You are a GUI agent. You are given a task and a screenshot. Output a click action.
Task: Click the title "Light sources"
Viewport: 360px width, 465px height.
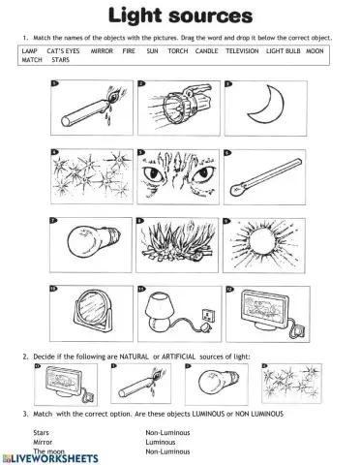180,16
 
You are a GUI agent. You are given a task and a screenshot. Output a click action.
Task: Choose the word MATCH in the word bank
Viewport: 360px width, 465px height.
32,59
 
